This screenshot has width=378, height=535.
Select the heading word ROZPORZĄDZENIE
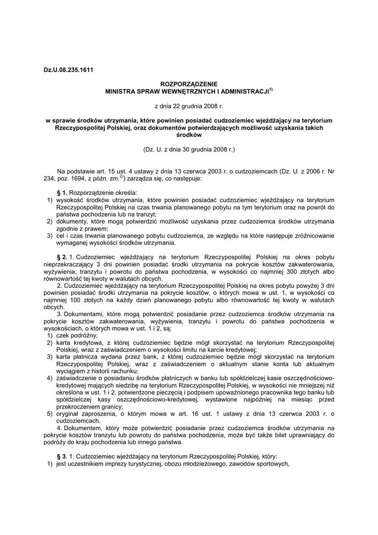189,84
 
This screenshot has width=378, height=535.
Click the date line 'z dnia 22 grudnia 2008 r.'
189,106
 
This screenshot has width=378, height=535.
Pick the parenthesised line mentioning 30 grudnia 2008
189,149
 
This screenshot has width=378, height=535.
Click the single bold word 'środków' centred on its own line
189,135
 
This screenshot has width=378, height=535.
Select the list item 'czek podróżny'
77,335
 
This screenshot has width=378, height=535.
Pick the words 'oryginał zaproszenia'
82,413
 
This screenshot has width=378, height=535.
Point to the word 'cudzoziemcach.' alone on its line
78,421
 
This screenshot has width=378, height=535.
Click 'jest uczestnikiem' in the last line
80,463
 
